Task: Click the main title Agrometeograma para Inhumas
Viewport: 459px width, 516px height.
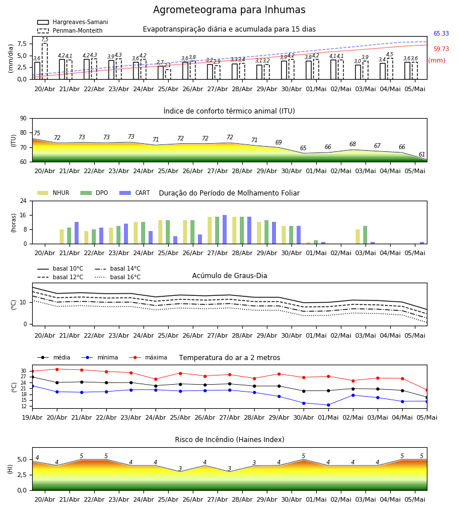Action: (229, 10)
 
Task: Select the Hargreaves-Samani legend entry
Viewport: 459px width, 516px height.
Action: (73, 22)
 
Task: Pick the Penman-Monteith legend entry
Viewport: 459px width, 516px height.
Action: (70, 30)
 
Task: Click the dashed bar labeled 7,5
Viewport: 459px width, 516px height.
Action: (45, 61)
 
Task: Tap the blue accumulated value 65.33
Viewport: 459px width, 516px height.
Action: (441, 33)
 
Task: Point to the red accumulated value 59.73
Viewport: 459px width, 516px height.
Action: (441, 49)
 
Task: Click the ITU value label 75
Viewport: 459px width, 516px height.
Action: (37, 133)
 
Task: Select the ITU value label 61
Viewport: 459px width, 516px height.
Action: (422, 154)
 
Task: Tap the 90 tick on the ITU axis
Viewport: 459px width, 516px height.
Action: (24, 119)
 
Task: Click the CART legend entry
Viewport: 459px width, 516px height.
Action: (135, 193)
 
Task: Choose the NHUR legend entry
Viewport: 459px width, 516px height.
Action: (53, 193)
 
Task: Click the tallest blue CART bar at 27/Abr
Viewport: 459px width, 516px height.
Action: (224, 229)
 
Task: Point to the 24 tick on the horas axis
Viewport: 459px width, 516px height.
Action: (24, 201)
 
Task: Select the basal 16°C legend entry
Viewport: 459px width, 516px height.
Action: (118, 277)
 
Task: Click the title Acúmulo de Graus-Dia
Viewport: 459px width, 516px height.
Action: (229, 276)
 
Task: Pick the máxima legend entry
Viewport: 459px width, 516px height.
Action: (148, 357)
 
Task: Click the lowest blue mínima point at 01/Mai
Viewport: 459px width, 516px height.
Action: (328, 405)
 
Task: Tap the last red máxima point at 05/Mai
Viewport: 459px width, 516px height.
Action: (427, 390)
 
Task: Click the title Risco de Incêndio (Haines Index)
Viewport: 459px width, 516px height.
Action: (229, 440)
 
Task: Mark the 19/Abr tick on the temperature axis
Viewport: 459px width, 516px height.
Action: (32, 417)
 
